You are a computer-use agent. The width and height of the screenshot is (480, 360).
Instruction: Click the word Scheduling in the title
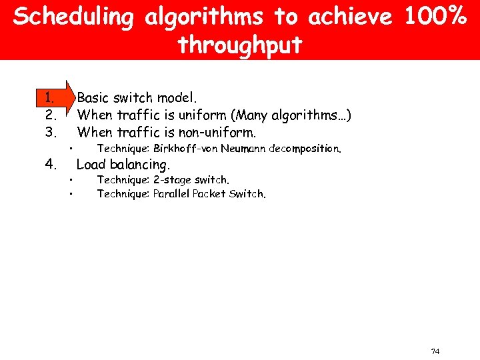(x=73, y=18)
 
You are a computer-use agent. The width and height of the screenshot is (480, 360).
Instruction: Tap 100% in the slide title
(x=433, y=17)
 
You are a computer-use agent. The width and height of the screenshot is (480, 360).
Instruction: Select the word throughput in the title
(x=240, y=45)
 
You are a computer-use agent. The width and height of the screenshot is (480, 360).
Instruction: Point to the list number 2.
(x=48, y=115)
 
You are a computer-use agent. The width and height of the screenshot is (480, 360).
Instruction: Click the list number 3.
(x=48, y=131)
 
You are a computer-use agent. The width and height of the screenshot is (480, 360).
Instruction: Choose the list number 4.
(x=48, y=164)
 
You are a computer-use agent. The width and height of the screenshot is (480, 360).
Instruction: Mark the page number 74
(x=435, y=351)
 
